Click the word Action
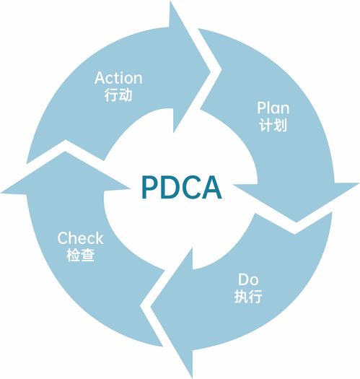point(118,78)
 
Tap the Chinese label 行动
point(118,95)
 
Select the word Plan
point(273,108)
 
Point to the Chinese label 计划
point(273,125)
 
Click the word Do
point(248,279)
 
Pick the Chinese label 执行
point(248,296)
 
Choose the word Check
point(81,238)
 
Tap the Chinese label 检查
point(81,255)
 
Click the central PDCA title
point(182,187)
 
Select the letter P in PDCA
point(150,187)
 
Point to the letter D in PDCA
point(170,187)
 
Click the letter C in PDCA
point(191,187)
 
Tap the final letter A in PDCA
point(211,187)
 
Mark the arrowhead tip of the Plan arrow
point(297,222)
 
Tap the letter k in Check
point(100,238)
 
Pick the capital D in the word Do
point(243,279)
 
